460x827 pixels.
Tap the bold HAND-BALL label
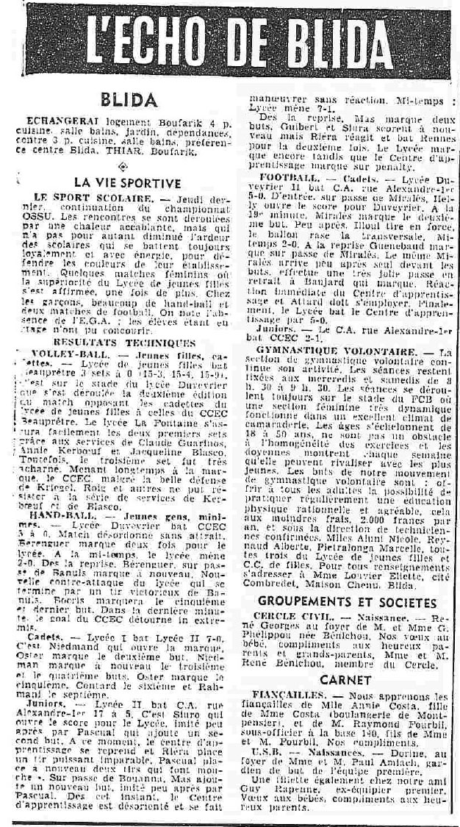point(56,515)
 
